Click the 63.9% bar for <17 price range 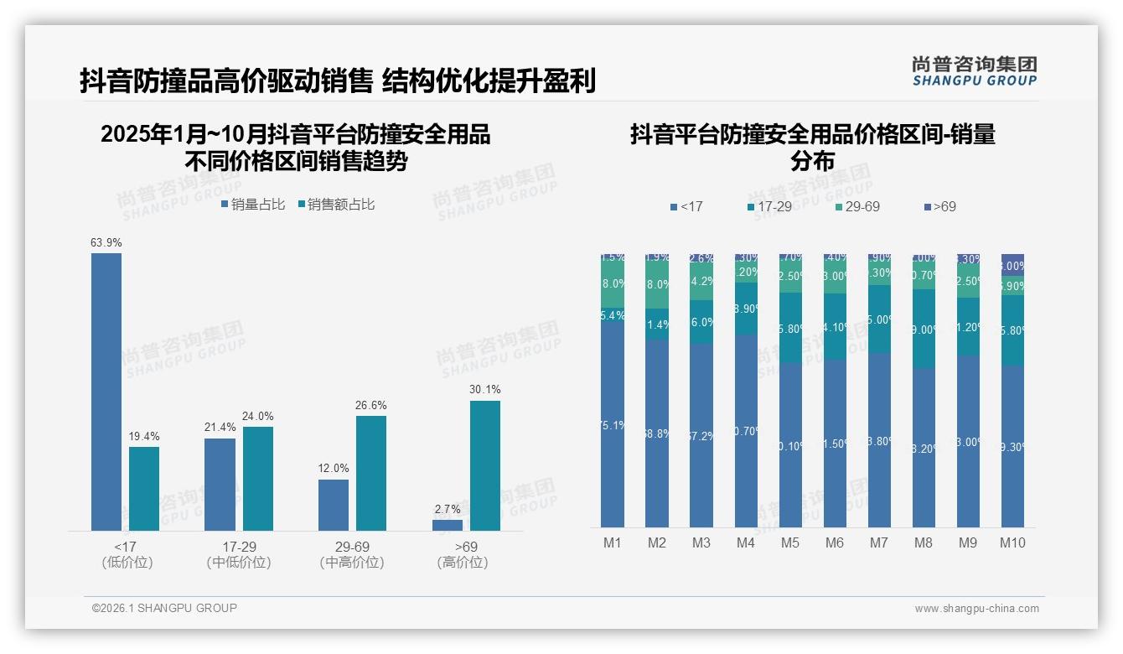click(106, 392)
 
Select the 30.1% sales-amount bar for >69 click(485, 465)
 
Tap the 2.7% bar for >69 click(448, 525)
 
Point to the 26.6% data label click(371, 406)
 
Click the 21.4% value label click(220, 428)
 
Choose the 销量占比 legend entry click(253, 205)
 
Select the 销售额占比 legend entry click(336, 205)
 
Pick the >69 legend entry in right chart click(939, 206)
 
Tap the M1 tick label click(613, 542)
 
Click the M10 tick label click(1012, 542)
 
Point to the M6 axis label click(835, 542)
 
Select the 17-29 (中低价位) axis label click(239, 554)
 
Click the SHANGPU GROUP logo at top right click(974, 71)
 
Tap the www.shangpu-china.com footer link click(976, 609)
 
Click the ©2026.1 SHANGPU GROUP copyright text click(164, 608)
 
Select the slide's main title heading click(338, 80)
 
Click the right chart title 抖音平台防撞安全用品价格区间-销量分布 click(812, 147)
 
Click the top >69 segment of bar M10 click(1012, 261)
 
